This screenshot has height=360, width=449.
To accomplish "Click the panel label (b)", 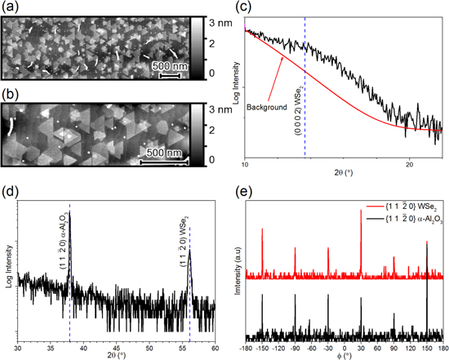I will (11, 94).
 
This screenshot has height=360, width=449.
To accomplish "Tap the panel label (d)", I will (11, 195).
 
